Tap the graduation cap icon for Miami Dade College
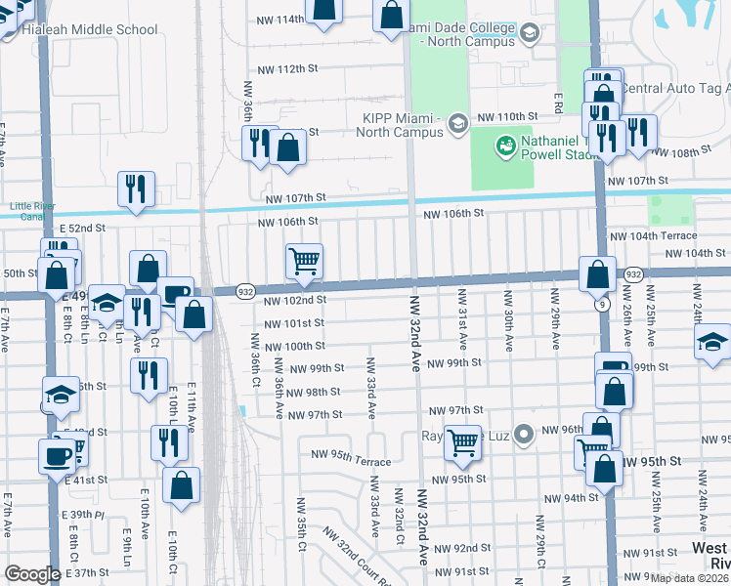click(x=529, y=34)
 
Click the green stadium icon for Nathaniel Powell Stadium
click(x=505, y=146)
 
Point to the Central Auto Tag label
click(x=676, y=89)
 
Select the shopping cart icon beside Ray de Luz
click(x=462, y=442)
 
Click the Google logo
click(x=32, y=573)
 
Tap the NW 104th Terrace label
click(x=653, y=235)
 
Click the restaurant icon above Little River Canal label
click(x=136, y=189)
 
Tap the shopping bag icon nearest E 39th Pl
click(x=181, y=486)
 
